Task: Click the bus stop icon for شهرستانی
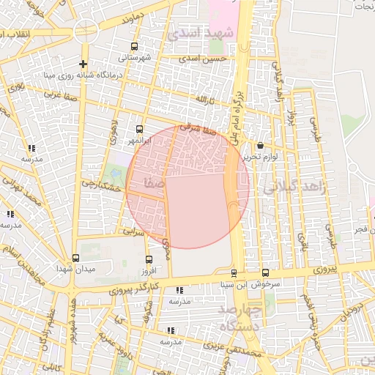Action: (x=135, y=45)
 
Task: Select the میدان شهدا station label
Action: (x=75, y=269)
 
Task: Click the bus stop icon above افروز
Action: (x=149, y=259)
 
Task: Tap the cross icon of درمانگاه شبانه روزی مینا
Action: (x=83, y=64)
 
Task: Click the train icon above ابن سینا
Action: (x=234, y=273)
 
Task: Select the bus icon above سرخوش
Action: (x=264, y=273)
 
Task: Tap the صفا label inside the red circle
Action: (x=155, y=181)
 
